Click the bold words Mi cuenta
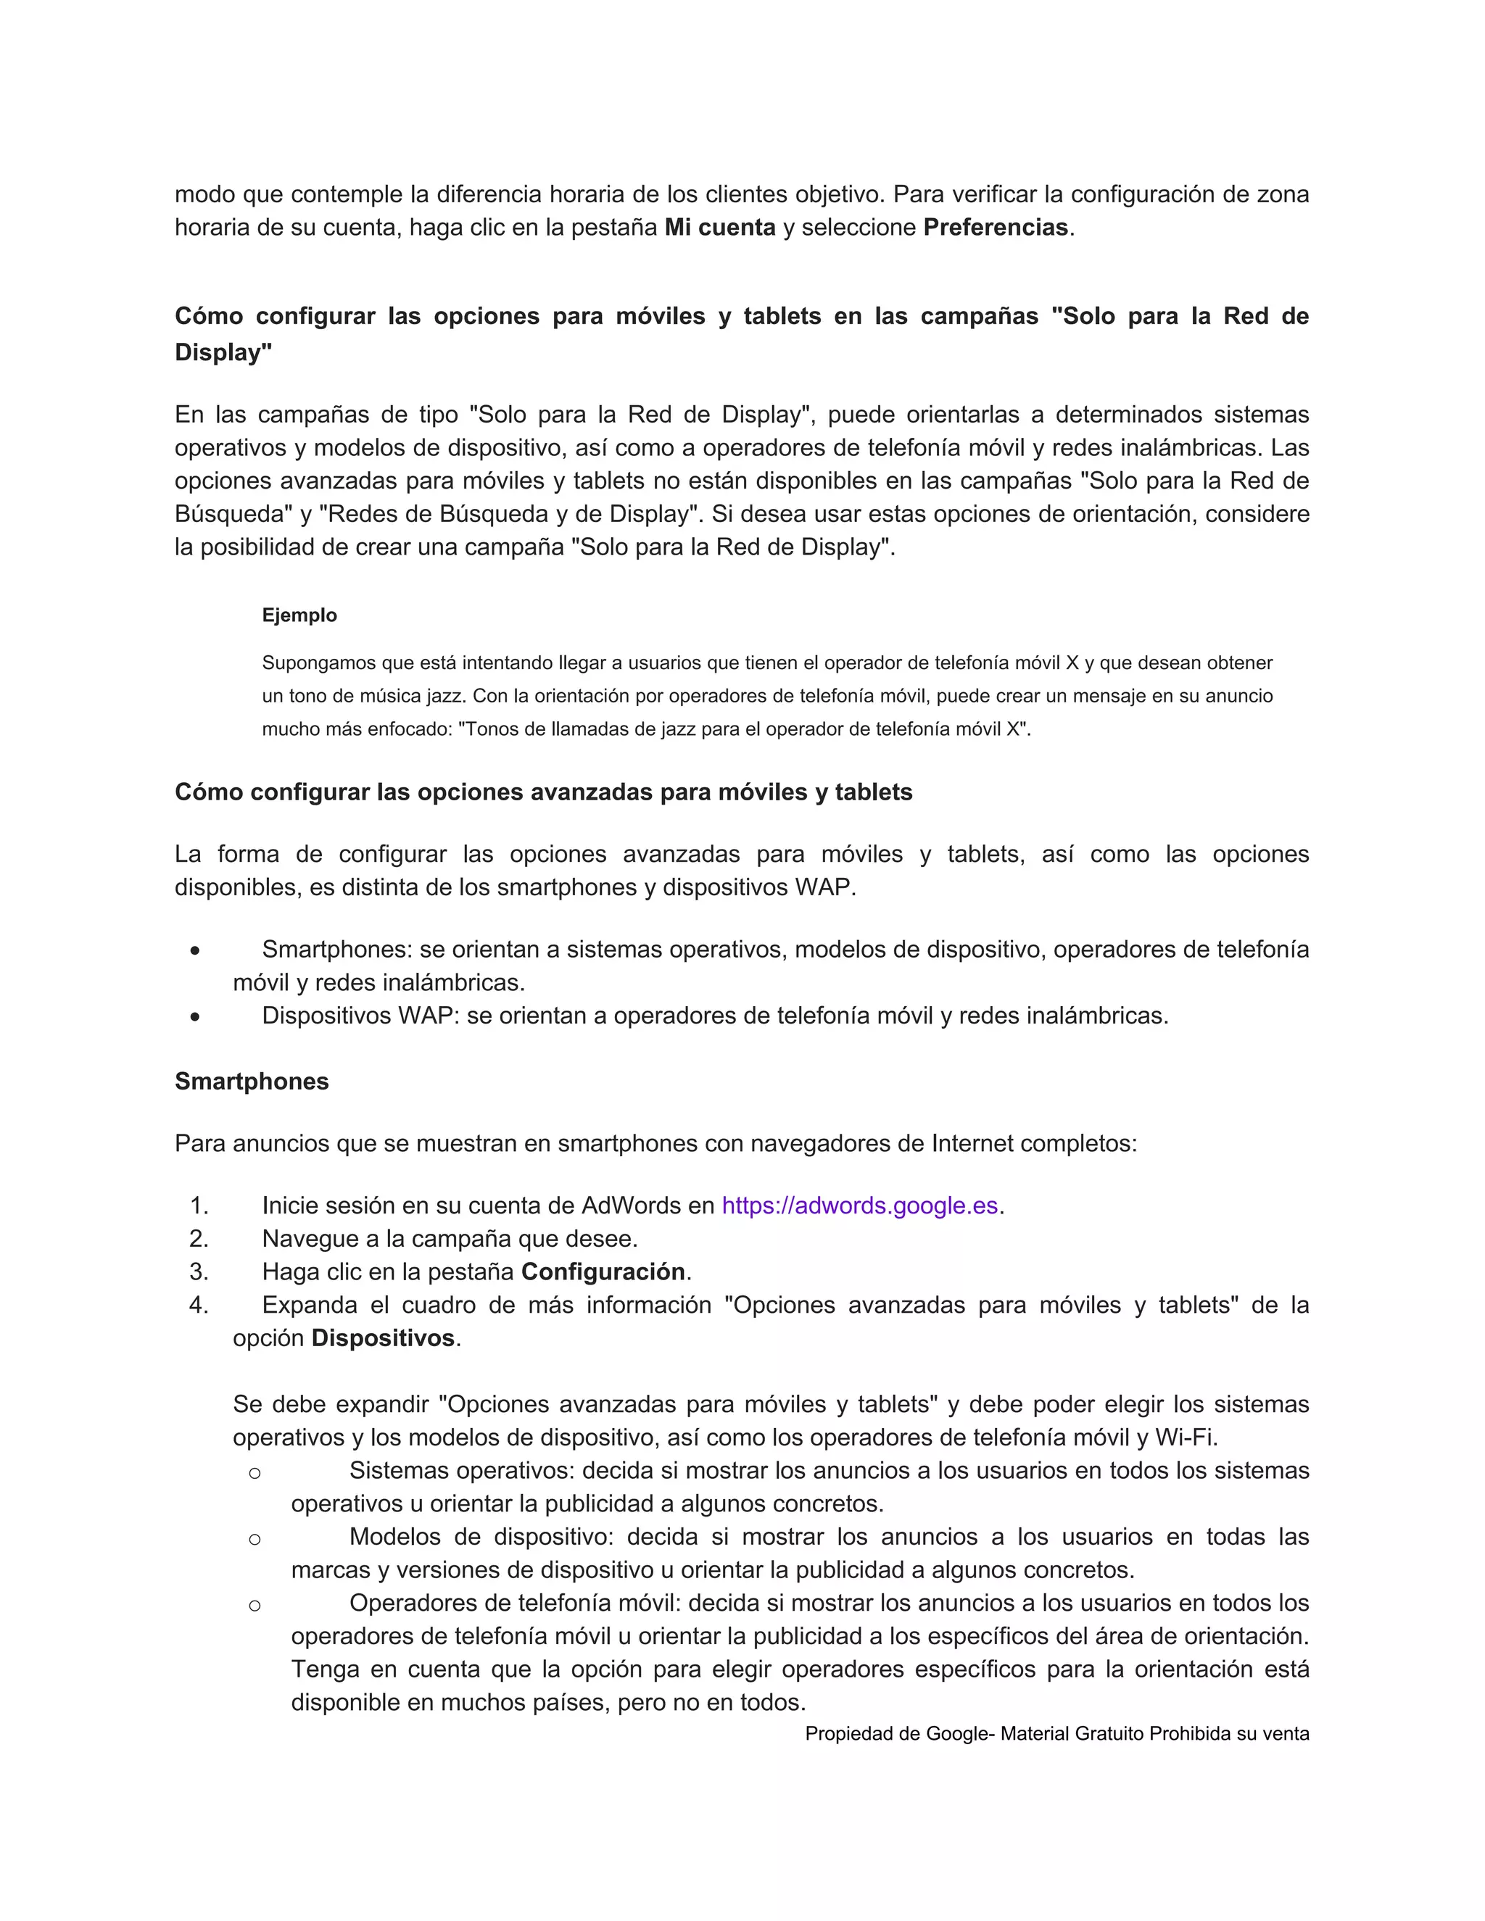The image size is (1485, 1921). coord(719,228)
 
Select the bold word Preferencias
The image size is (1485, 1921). coord(995,228)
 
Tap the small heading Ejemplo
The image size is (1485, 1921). coord(299,615)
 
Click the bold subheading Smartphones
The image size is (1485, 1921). coord(252,1081)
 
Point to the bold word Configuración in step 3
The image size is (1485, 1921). coord(603,1272)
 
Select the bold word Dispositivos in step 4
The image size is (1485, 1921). coord(383,1338)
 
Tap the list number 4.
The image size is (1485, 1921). coord(198,1306)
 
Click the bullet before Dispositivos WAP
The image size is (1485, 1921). coord(194,1017)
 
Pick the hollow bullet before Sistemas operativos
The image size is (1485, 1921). coord(255,1473)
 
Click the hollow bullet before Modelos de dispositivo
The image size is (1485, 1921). coord(255,1539)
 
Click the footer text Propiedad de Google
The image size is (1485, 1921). coord(896,1734)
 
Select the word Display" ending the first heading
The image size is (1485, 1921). coord(223,353)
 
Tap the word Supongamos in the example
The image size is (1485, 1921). coord(315,663)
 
